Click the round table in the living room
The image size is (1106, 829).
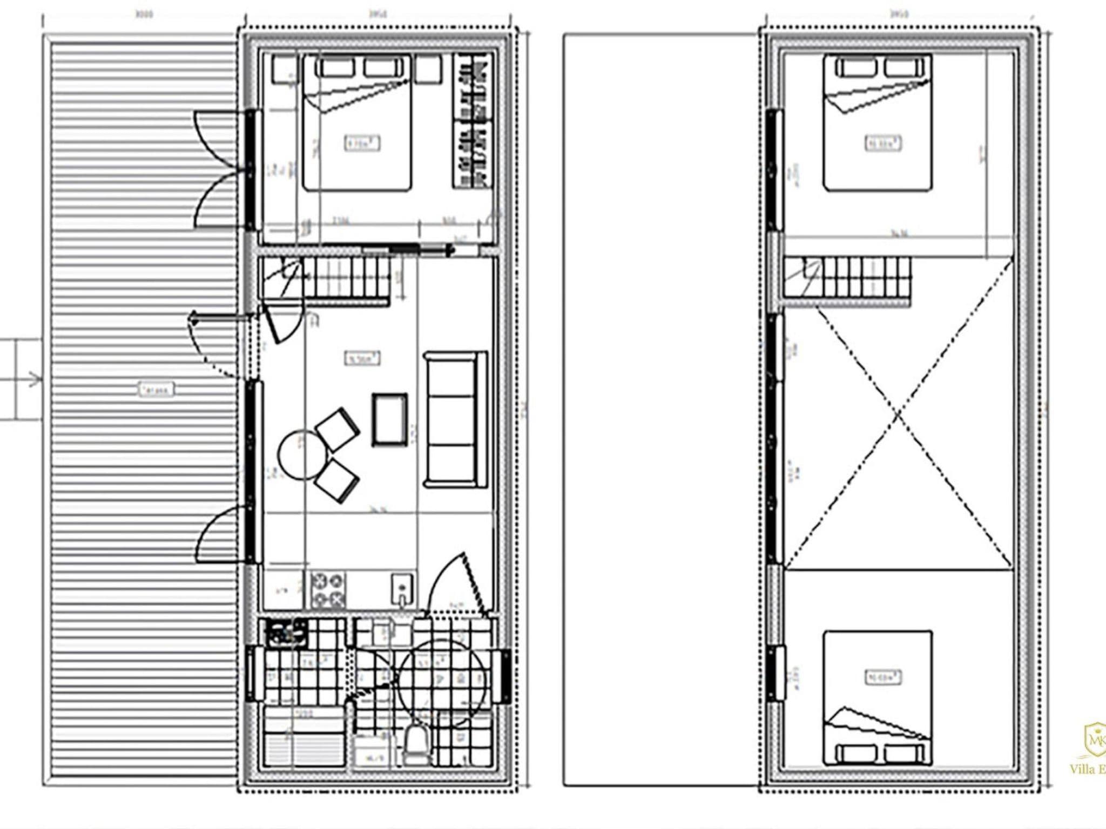tap(300, 455)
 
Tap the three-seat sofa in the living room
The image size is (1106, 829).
tap(451, 420)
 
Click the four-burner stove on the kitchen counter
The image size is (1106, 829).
tap(328, 589)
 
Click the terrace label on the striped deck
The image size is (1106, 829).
tap(157, 389)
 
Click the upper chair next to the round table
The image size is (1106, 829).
tap(338, 429)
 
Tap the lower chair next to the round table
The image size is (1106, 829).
tap(337, 480)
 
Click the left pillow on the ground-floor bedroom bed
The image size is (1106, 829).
tap(338, 68)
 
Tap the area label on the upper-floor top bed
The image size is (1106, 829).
tap(883, 143)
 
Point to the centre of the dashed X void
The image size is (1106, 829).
tap(898, 414)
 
